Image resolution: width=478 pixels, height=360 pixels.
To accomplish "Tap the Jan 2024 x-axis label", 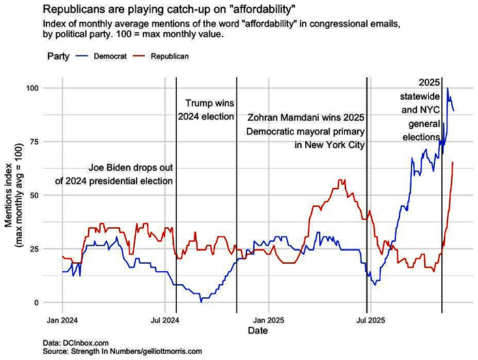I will [62, 319].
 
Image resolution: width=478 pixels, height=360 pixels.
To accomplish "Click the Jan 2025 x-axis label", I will [266, 319].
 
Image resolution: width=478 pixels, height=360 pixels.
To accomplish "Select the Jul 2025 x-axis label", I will [367, 319].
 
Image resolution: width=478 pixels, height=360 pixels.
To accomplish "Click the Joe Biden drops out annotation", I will [113, 174].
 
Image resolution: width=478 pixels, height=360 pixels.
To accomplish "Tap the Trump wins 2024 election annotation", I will [206, 110].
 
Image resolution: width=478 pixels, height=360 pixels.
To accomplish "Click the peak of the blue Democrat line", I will [448, 88].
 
